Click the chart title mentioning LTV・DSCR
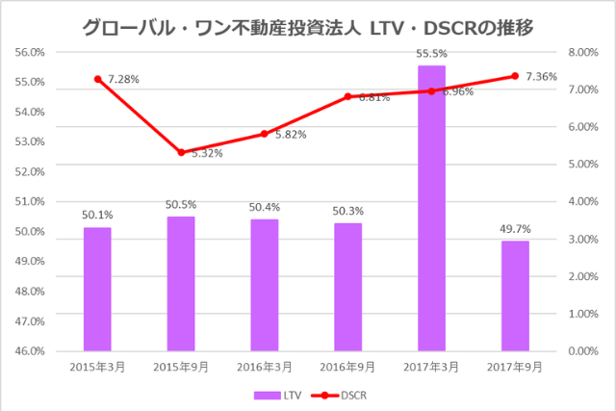coord(308,26)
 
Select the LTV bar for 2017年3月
coord(431,207)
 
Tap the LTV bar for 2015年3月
coord(97,289)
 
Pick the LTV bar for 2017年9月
coord(515,295)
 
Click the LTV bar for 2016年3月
coord(264,285)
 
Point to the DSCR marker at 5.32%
coord(181,152)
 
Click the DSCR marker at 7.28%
coord(97,79)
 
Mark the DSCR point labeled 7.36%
coord(515,76)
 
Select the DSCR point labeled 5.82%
coord(264,134)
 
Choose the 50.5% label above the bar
coord(181,206)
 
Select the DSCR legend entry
coord(341,395)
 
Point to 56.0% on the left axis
coord(28,52)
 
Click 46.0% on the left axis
coord(28,351)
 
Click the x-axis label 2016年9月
coord(347,367)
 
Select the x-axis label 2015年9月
coord(181,367)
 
